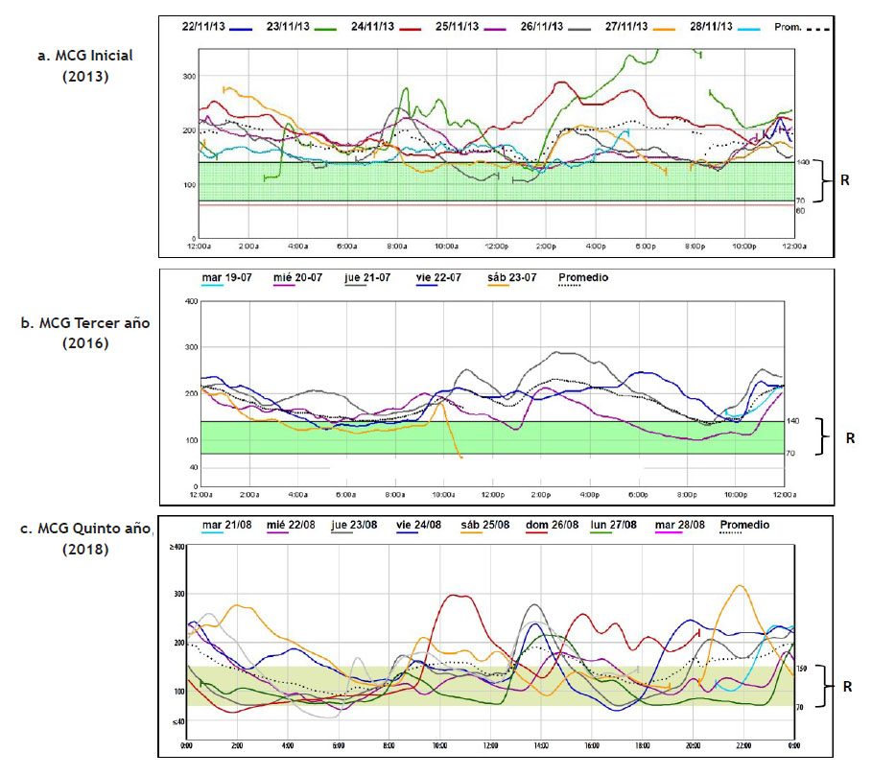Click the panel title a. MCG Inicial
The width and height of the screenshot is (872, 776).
click(x=85, y=56)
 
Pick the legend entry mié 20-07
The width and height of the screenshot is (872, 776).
click(x=296, y=278)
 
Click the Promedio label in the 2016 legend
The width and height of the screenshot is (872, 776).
click(x=582, y=278)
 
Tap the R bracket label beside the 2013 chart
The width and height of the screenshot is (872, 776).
click(x=844, y=179)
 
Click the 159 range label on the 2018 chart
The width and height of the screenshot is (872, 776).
click(x=804, y=669)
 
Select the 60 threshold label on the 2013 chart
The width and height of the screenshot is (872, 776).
click(x=800, y=209)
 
